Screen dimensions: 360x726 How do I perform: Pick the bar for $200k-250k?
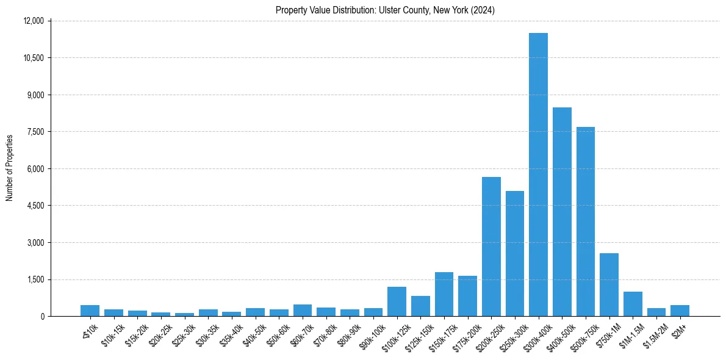(491, 247)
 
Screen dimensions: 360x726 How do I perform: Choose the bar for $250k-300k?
(515, 253)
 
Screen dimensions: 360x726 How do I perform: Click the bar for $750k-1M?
(609, 284)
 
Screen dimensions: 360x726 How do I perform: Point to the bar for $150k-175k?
(444, 294)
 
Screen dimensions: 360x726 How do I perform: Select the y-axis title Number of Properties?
(10, 168)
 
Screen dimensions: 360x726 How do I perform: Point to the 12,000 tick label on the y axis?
(33, 21)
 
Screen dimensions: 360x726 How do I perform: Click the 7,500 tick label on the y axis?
(35, 132)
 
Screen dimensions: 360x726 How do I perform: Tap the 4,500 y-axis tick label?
(35, 206)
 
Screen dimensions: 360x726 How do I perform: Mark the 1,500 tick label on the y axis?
(35, 279)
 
